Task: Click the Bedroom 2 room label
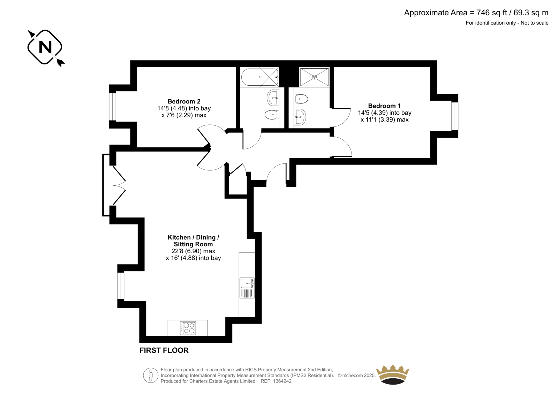point(184,102)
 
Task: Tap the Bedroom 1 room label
point(384,106)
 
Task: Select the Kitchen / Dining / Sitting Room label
point(193,241)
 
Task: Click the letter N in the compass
point(45,47)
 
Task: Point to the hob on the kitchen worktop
point(188,328)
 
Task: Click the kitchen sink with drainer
point(247,288)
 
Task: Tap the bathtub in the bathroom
point(259,77)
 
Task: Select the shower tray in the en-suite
point(314,77)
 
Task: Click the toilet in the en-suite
point(301,99)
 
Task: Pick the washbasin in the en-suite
point(300,117)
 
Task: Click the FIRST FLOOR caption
point(164,350)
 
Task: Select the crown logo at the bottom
point(393,374)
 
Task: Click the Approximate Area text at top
point(476,13)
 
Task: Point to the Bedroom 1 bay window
point(455,116)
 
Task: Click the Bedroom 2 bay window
point(113,107)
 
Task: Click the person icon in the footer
point(150,375)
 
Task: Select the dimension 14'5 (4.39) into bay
point(385,113)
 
